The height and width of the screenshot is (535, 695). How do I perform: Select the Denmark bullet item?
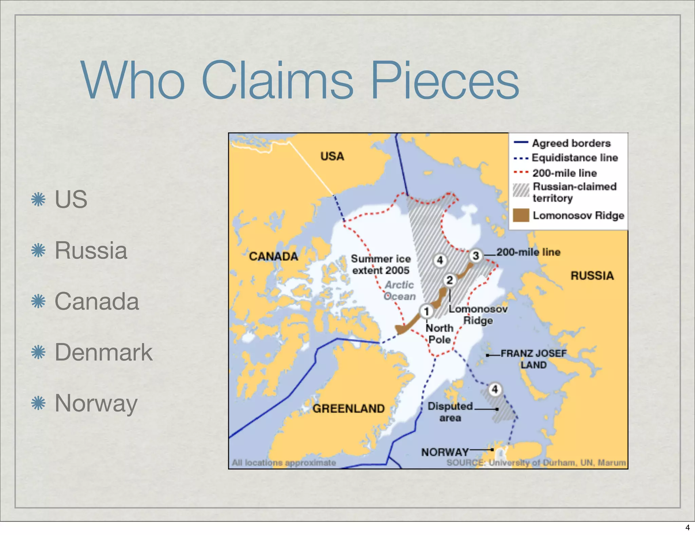tap(104, 352)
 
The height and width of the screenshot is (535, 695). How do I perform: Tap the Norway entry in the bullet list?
tap(96, 403)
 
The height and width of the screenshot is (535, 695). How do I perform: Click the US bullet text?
tap(71, 199)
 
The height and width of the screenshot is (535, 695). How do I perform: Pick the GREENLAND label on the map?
tap(349, 408)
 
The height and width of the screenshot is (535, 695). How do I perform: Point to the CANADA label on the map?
tap(274, 256)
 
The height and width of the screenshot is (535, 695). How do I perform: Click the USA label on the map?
tap(332, 156)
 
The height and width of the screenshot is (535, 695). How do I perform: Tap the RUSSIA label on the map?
tap(592, 276)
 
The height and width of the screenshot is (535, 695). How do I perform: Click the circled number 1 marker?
tap(427, 311)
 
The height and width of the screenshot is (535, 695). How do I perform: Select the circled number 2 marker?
tap(450, 280)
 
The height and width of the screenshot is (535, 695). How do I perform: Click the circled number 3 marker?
tap(476, 256)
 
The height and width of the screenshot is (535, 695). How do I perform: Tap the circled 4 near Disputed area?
tap(495, 389)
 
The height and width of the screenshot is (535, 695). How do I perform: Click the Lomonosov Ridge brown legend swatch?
tap(521, 215)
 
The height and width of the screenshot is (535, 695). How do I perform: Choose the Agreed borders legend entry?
tap(571, 143)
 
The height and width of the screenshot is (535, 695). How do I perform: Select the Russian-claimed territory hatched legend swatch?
tap(521, 190)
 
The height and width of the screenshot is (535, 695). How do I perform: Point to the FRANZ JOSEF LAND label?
tap(534, 359)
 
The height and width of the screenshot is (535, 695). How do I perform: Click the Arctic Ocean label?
tap(399, 291)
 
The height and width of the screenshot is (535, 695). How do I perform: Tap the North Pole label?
tap(439, 334)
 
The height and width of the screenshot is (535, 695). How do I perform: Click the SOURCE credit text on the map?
tap(536, 463)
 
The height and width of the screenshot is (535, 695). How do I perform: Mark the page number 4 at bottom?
tap(687, 528)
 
